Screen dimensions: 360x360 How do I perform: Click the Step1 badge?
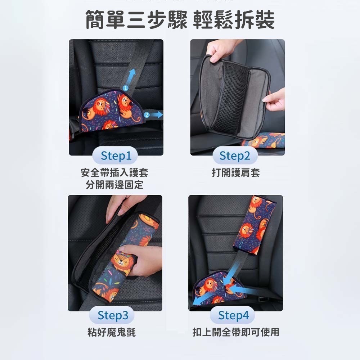coord(116,156)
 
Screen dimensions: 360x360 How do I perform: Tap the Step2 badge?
coord(234,156)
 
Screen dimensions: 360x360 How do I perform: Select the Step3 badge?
coord(113,316)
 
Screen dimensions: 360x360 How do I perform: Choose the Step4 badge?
coord(234,316)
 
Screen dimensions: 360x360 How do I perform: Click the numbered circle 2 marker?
coord(147,115)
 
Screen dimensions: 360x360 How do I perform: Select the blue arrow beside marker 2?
coord(157,114)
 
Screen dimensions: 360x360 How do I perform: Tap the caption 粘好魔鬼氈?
coord(112,332)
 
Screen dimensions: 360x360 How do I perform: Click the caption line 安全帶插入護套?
coord(114,173)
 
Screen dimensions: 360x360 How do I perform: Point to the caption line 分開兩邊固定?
coord(114,185)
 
